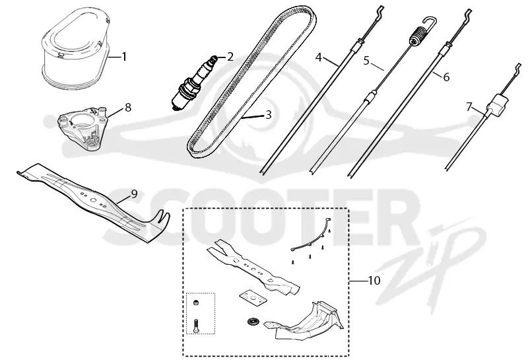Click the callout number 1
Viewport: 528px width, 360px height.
[x=124, y=56]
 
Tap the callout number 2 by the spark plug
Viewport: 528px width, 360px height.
[x=230, y=57]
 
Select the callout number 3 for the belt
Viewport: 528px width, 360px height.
[x=268, y=115]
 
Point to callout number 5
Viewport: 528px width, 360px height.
[x=366, y=61]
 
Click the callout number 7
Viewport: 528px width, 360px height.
[x=469, y=107]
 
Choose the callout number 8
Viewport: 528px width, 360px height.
[x=127, y=108]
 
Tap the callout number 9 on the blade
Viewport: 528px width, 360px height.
[x=134, y=194]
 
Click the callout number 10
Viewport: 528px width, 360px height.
[x=374, y=281]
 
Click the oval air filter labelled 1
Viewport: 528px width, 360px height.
[x=75, y=48]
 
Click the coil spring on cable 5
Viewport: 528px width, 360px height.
[x=418, y=36]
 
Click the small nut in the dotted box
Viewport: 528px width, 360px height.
[x=195, y=303]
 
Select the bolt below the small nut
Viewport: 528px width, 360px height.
[x=197, y=325]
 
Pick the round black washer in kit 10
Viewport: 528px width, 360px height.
[x=251, y=322]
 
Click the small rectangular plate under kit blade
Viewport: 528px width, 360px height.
[x=253, y=299]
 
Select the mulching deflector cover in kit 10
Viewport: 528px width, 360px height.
[x=304, y=320]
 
